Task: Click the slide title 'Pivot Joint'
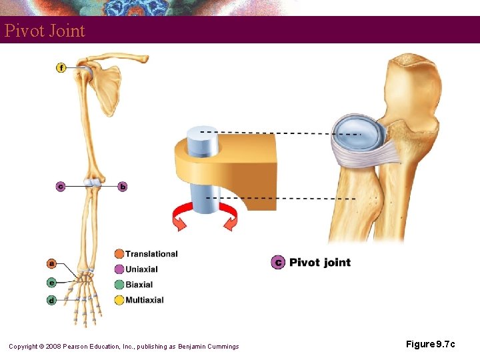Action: point(45,31)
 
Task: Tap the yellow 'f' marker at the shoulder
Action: point(61,67)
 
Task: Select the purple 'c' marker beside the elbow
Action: point(61,187)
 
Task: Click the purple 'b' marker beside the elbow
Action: point(122,187)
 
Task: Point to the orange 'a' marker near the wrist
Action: point(52,263)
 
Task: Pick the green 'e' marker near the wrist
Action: point(52,282)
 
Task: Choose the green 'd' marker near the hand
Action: point(52,301)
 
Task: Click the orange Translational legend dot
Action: point(119,254)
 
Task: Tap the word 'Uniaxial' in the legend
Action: point(141,269)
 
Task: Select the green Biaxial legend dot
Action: point(119,285)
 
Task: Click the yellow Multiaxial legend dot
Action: point(119,300)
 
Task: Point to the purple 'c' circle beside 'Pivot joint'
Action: point(278,262)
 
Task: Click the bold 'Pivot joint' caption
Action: point(320,262)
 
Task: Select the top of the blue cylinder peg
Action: point(203,133)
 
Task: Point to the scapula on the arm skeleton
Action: point(107,87)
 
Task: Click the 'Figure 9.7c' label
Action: point(431,344)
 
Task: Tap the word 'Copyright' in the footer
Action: point(26,346)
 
